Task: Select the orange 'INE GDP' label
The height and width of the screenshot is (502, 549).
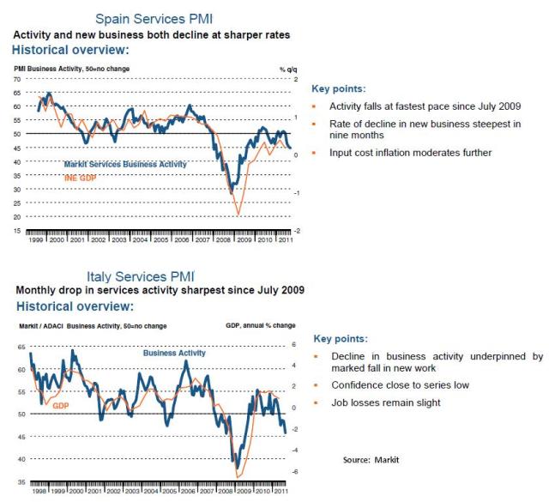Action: click(81, 178)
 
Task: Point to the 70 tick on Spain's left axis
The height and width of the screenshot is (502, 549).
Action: click(16, 79)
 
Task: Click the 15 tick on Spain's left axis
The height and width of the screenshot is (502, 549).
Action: click(16, 230)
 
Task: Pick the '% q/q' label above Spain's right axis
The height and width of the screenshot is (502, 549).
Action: click(287, 67)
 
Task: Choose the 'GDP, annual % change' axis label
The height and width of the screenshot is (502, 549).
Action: click(259, 327)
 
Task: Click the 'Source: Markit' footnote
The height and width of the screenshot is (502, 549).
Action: click(371, 460)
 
